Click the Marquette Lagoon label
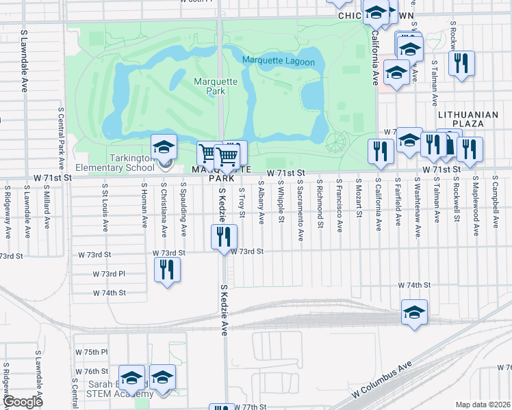tap(279, 62)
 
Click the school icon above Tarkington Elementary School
tap(164, 147)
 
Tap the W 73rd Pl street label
tap(109, 273)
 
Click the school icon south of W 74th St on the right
tap(413, 314)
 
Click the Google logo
tap(23, 402)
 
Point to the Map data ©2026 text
tap(483, 405)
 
